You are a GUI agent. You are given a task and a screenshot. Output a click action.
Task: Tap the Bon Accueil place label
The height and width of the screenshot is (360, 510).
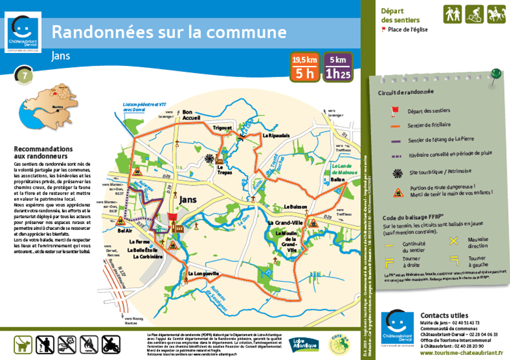coord(193,115)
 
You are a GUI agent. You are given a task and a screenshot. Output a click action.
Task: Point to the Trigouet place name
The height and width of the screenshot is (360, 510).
coord(223,128)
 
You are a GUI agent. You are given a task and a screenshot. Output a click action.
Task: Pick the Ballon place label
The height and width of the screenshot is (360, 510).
coord(337,179)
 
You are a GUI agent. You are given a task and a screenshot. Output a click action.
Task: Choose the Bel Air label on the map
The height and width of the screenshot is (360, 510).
coord(124,231)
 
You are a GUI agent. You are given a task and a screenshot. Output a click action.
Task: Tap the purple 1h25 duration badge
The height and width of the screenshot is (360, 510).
coord(338,68)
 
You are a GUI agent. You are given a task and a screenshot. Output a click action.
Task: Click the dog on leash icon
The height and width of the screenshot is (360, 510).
coord(23,344)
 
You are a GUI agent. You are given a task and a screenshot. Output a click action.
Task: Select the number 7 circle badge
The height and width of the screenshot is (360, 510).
coord(24,75)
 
